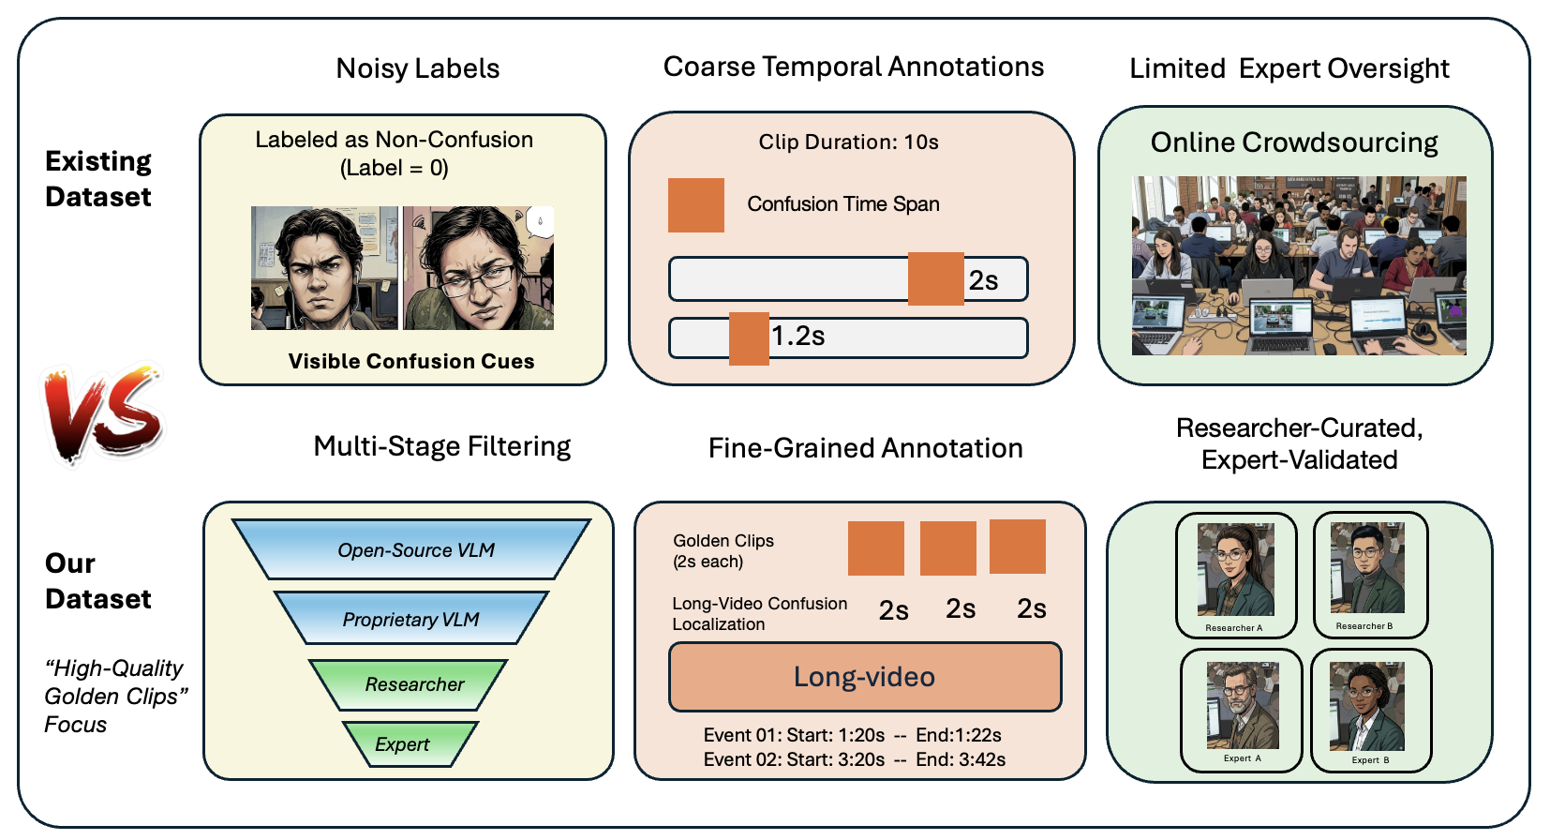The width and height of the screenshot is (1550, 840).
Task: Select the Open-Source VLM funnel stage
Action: (412, 549)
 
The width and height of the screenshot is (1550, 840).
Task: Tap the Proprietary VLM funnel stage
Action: (410, 619)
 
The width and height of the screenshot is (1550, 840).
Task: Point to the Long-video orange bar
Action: (864, 677)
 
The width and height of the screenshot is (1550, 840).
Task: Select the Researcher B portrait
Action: (1367, 568)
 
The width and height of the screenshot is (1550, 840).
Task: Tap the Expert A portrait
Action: (1242, 705)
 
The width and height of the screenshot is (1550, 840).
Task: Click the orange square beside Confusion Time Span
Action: (695, 205)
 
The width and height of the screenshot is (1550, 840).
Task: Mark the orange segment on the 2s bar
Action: (935, 278)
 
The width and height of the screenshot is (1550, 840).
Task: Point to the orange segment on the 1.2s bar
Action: (749, 338)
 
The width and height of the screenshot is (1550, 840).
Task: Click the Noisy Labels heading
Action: (417, 68)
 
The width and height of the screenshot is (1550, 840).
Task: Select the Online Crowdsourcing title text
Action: (1294, 142)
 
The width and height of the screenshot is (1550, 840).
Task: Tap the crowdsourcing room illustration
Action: (1298, 265)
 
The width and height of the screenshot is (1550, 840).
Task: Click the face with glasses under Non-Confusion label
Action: (479, 268)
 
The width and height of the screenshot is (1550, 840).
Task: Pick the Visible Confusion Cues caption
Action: (411, 362)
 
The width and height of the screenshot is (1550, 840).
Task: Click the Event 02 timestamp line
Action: (854, 759)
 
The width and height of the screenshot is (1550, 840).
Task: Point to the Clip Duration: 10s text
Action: (848, 142)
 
